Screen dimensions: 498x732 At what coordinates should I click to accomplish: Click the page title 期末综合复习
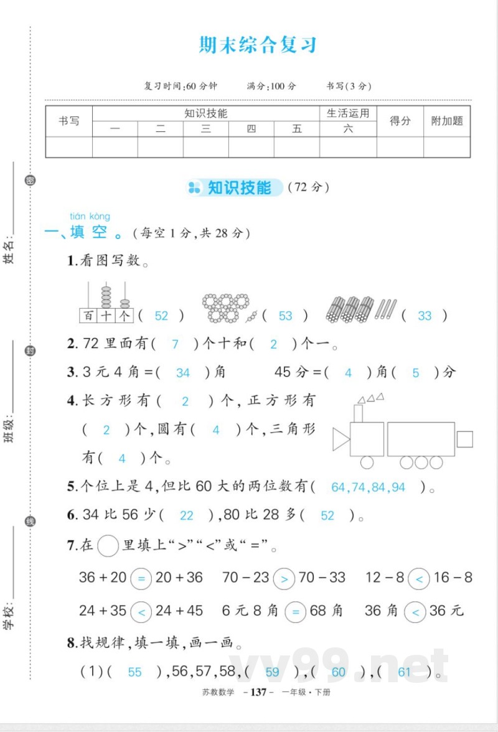point(258,45)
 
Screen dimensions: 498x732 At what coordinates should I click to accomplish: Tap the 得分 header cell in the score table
point(400,121)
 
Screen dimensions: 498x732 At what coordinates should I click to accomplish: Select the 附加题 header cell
point(447,121)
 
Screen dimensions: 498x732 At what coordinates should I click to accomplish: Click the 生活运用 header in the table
point(348,113)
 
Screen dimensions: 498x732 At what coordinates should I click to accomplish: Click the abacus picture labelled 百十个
point(106,303)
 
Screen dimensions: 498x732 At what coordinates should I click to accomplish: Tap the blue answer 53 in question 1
point(285,316)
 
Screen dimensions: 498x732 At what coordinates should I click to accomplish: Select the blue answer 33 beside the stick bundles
point(425,316)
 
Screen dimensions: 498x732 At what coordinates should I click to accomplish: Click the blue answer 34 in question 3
point(183,373)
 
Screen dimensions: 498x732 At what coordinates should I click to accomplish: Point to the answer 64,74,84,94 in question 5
point(369,487)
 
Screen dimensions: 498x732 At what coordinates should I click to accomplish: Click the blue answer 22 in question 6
point(186,515)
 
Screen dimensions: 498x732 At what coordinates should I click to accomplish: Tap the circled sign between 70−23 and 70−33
point(284,579)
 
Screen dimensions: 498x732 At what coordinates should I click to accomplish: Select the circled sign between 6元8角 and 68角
point(295,612)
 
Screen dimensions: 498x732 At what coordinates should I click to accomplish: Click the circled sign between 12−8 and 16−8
point(419,579)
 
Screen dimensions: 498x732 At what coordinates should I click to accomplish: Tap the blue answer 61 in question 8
point(404,672)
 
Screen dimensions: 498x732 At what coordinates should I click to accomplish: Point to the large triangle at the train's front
point(341,439)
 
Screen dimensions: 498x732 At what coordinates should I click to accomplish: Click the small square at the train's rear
point(464,439)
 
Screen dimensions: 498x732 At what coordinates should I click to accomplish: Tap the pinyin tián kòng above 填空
point(90,216)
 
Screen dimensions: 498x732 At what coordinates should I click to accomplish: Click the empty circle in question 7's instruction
point(108,546)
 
